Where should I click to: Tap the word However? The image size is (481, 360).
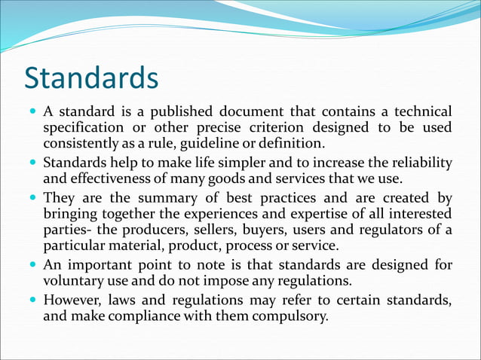pos(72,301)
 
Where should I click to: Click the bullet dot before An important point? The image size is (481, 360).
pos(33,266)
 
